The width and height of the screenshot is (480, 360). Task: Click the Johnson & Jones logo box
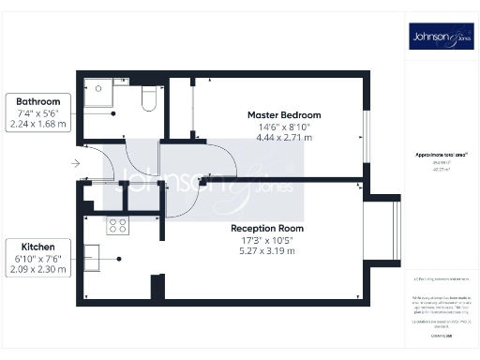point(439,37)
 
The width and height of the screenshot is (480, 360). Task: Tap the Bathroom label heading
point(37,101)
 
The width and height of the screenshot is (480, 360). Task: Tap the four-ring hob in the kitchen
point(118,226)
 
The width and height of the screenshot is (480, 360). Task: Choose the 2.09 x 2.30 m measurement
point(37,269)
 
